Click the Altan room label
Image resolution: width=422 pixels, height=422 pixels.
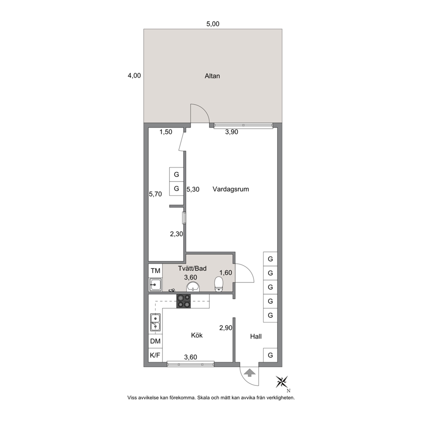pos(212,76)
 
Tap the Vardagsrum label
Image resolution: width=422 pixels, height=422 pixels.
pos(231,189)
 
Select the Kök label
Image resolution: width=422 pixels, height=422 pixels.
pos(197,335)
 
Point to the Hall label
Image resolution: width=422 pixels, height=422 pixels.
pos(256,336)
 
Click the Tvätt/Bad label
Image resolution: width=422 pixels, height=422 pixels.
pos(192,268)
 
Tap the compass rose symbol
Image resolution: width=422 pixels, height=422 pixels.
pos(282,382)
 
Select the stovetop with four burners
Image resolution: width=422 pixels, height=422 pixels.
pos(183,301)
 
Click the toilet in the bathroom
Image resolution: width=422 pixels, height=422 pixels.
pos(219,285)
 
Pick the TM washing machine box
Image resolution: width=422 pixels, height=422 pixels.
pos(155,271)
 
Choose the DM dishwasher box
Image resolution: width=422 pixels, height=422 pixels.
pos(155,341)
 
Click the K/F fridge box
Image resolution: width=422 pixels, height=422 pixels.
pos(155,355)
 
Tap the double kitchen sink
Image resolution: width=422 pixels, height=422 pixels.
pos(155,322)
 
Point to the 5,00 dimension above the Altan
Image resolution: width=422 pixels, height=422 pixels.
pos(213,24)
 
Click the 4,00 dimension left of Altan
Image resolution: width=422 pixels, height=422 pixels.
pos(134,76)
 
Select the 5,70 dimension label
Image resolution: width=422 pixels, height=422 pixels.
pos(155,194)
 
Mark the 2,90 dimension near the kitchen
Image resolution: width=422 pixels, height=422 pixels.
pos(225,328)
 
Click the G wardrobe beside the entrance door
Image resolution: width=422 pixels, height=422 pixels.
pos(270,355)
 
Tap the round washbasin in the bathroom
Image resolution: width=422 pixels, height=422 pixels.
pos(193,287)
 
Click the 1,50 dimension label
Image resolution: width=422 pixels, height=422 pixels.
pos(166,132)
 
